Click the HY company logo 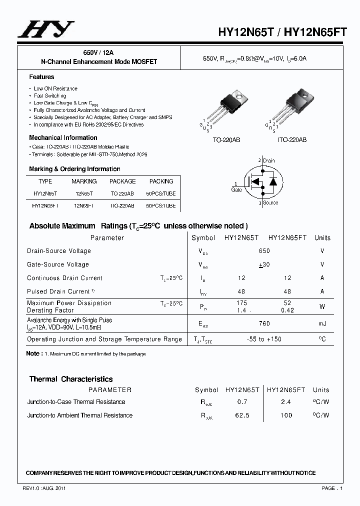(x=46, y=29)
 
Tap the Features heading (x=41, y=77)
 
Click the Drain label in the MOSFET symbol (x=268, y=160)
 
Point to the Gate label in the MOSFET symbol (x=236, y=189)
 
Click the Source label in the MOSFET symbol (x=270, y=203)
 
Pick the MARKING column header (x=84, y=181)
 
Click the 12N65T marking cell (x=84, y=193)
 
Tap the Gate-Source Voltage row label (x=58, y=264)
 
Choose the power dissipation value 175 (x=241, y=303)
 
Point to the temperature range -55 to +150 (x=264, y=339)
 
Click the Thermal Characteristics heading (x=71, y=379)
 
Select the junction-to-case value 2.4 (x=286, y=402)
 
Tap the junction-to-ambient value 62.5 (x=242, y=415)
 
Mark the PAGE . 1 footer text (x=331, y=488)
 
